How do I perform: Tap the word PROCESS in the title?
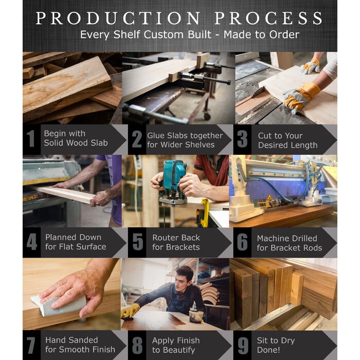(268, 18)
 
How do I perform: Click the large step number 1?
(31, 138)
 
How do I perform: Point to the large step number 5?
(138, 242)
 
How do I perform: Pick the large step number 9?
(243, 346)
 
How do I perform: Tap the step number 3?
(242, 139)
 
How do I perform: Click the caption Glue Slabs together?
(185, 136)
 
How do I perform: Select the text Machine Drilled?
(287, 238)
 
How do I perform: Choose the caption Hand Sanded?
(71, 340)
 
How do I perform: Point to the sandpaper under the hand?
(58, 304)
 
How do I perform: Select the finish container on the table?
(196, 316)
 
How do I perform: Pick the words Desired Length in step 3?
(287, 146)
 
